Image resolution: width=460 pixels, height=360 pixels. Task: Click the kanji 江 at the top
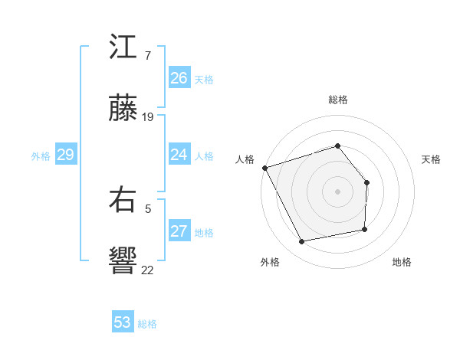point(123,49)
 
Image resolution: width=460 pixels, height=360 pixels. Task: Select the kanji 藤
point(123,110)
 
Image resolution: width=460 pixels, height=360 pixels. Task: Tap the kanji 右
point(123,201)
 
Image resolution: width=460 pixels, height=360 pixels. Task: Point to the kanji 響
point(123,261)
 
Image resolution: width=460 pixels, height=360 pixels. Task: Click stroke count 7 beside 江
point(147,56)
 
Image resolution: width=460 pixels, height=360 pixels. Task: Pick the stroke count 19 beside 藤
point(148,117)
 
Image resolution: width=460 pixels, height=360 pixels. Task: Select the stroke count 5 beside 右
point(147,208)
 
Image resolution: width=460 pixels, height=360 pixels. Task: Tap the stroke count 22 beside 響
point(147,269)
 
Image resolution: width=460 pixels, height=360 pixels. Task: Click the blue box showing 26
point(179,78)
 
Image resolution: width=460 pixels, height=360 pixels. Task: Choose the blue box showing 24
point(179,155)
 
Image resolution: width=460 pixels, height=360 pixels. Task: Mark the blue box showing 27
point(179,231)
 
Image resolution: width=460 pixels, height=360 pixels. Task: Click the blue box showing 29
point(65,155)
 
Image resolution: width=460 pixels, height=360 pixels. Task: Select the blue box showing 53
point(123,322)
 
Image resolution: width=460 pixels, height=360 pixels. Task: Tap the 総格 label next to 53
point(147,324)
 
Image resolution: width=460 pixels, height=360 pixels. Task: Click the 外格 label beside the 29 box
point(41,156)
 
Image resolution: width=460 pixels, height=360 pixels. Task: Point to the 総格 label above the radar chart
point(337,100)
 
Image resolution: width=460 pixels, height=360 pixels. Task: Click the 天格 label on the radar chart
point(432,159)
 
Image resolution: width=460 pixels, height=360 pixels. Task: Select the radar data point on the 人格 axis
point(264,167)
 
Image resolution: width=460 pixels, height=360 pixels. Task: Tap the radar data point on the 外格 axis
point(301,241)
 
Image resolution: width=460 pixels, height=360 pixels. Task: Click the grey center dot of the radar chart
point(337,191)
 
